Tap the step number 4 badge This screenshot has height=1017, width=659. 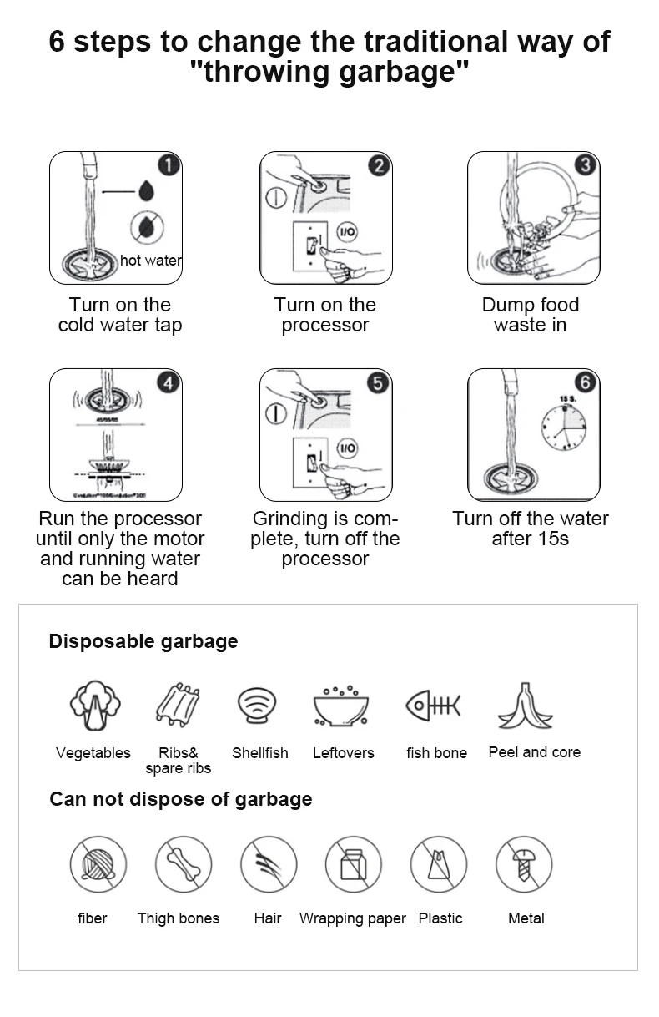click(169, 382)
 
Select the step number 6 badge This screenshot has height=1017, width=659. click(586, 382)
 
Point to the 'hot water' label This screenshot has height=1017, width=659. click(151, 261)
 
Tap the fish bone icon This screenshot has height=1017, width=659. click(432, 706)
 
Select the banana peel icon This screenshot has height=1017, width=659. click(526, 706)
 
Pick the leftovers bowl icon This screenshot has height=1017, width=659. click(342, 706)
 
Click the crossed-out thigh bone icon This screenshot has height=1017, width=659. click(184, 864)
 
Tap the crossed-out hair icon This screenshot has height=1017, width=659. click(269, 864)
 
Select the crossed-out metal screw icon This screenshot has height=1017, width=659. click(524, 864)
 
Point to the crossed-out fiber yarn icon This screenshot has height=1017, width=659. click(98, 864)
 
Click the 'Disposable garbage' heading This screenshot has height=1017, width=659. click(143, 641)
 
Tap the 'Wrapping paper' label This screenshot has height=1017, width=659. click(353, 918)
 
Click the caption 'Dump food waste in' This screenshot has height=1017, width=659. click(531, 315)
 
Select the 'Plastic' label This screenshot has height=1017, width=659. click(440, 918)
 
